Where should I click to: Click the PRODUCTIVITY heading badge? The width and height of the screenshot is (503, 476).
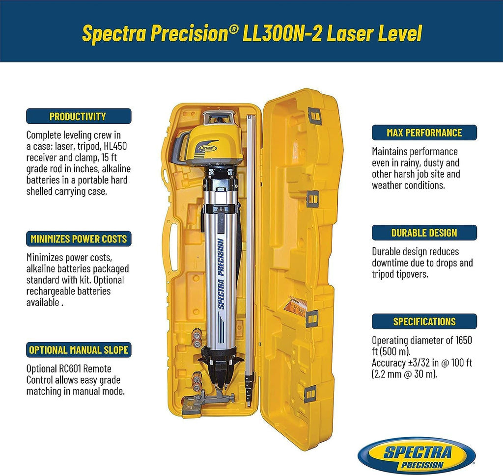coord(79,116)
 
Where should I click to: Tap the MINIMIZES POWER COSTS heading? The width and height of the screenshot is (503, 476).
coord(79,239)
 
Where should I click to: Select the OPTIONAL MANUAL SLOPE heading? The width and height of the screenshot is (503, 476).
coord(79,350)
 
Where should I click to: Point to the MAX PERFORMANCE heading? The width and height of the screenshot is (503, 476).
coord(424,132)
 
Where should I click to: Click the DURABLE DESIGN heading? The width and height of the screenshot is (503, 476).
coord(424,233)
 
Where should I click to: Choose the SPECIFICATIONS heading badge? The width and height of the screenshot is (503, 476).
coord(424,321)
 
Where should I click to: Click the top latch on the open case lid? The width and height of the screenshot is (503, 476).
coord(315,116)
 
